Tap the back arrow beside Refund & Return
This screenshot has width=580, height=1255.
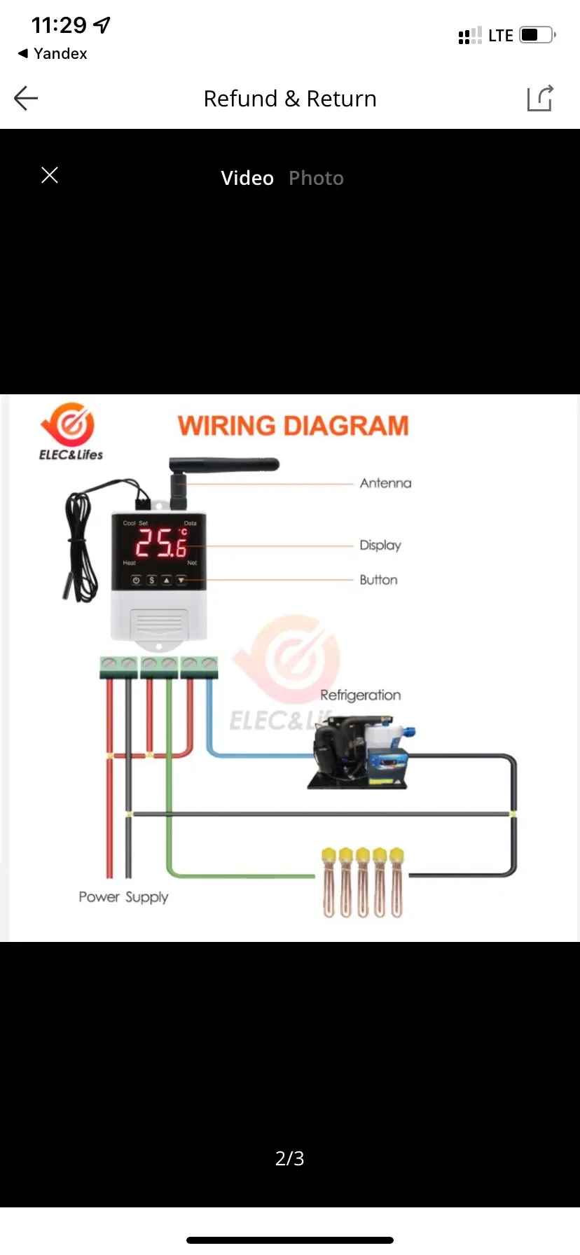[x=26, y=98]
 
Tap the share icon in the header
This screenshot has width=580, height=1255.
[x=540, y=98]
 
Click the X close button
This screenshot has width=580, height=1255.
[x=50, y=175]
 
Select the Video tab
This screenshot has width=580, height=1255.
[x=247, y=178]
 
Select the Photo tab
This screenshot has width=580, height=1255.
[x=316, y=178]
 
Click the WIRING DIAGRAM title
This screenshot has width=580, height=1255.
[x=293, y=426]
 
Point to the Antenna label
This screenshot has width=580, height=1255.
[x=385, y=483]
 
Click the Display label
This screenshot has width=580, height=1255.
[x=380, y=545]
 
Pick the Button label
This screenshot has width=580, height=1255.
[x=378, y=580]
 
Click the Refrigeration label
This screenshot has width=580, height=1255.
[x=360, y=695]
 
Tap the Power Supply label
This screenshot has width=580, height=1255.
[x=123, y=897]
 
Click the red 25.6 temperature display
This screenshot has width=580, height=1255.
[x=161, y=543]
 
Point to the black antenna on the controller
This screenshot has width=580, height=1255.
[x=224, y=465]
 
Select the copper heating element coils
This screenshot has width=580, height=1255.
[x=362, y=884]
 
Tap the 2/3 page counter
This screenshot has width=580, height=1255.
[x=289, y=1158]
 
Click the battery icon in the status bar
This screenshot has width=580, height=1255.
[x=537, y=35]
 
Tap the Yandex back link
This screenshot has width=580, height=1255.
[x=53, y=54]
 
